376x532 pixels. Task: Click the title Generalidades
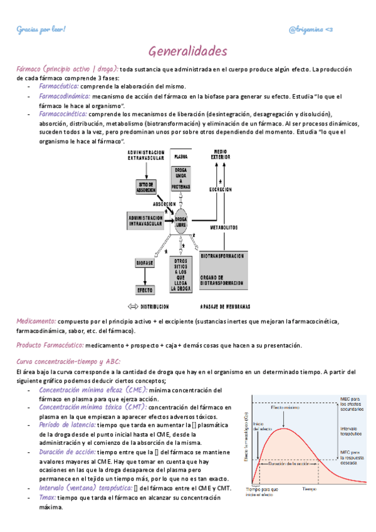pyautogui.click(x=187, y=51)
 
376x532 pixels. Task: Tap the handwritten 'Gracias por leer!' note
pyautogui.click(x=41, y=29)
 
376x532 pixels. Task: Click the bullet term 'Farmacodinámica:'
pyautogui.click(x=65, y=97)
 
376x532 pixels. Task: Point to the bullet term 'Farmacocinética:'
pyautogui.click(x=64, y=115)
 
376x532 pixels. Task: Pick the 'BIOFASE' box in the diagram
pyautogui.click(x=145, y=264)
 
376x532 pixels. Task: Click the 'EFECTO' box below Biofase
pyautogui.click(x=145, y=290)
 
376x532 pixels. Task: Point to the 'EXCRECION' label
pyautogui.click(x=221, y=188)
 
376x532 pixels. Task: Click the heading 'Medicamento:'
pyautogui.click(x=36, y=321)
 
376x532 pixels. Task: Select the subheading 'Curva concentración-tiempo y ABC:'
pyautogui.click(x=68, y=361)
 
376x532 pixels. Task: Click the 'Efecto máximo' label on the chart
pyautogui.click(x=286, y=409)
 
